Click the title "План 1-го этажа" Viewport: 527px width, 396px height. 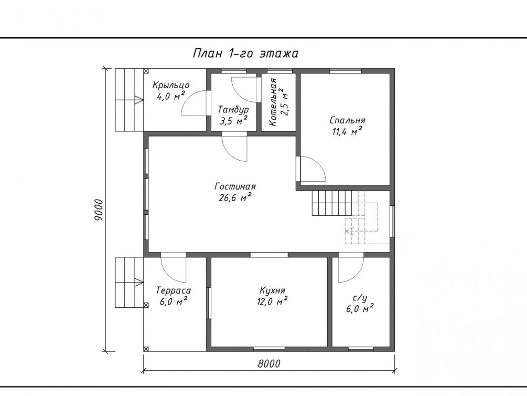point(245,54)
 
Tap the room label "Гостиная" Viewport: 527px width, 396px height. point(235,186)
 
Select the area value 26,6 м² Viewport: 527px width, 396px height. point(235,197)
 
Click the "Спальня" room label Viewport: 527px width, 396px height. point(347,120)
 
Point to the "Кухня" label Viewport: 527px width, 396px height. point(273,290)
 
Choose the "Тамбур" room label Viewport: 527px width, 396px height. point(233,110)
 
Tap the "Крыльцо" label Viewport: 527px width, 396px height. point(171,86)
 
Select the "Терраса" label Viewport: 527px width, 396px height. point(174,290)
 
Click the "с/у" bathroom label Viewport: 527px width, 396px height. point(360,298)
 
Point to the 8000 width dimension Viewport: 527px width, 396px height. point(269,363)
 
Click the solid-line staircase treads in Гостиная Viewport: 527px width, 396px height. point(332,203)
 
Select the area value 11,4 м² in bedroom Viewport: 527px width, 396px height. point(347,131)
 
